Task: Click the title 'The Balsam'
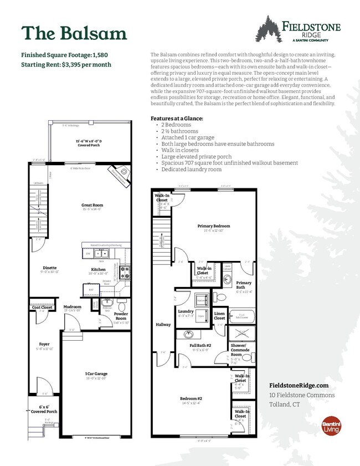point(74,33)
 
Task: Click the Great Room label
point(92,205)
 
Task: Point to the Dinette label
point(49,268)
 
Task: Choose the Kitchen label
point(98,270)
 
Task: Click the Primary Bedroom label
point(213,226)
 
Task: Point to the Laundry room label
point(186,311)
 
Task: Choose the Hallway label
point(163,324)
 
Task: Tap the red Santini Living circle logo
point(331,427)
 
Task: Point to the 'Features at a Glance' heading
point(177,119)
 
